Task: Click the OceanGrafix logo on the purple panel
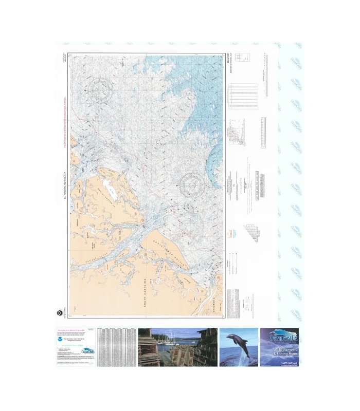[280, 339]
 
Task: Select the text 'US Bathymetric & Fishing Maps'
[281, 352]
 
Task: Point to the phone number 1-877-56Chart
[281, 362]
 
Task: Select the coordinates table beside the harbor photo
[117, 347]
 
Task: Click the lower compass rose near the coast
[193, 183]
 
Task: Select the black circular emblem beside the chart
[60, 310]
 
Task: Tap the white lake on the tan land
[109, 184]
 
